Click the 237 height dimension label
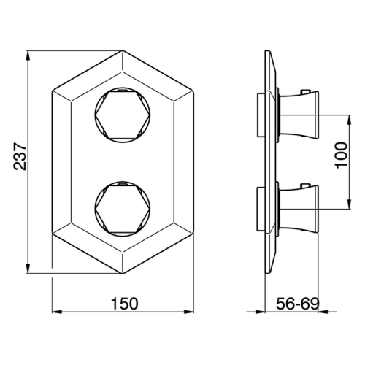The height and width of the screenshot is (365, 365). pyautogui.click(x=20, y=156)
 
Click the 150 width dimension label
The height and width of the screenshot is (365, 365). pyautogui.click(x=124, y=304)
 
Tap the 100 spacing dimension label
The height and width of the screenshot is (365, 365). pyautogui.click(x=341, y=155)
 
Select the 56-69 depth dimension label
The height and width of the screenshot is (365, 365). pyautogui.click(x=298, y=304)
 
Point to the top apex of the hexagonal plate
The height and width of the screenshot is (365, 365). pyautogui.click(x=123, y=50)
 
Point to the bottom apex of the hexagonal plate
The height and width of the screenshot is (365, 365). pyautogui.click(x=123, y=273)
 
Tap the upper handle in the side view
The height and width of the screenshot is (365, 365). pyautogui.click(x=299, y=115)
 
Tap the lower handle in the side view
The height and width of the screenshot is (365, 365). pyautogui.click(x=299, y=209)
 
